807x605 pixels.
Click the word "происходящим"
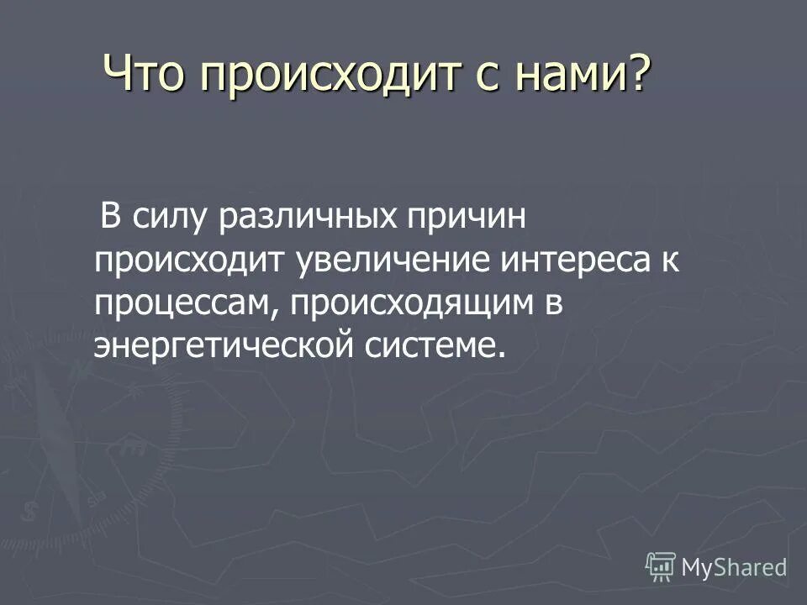tap(405, 303)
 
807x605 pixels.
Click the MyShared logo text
tap(734, 567)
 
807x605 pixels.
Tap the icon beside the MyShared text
tap(661, 566)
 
